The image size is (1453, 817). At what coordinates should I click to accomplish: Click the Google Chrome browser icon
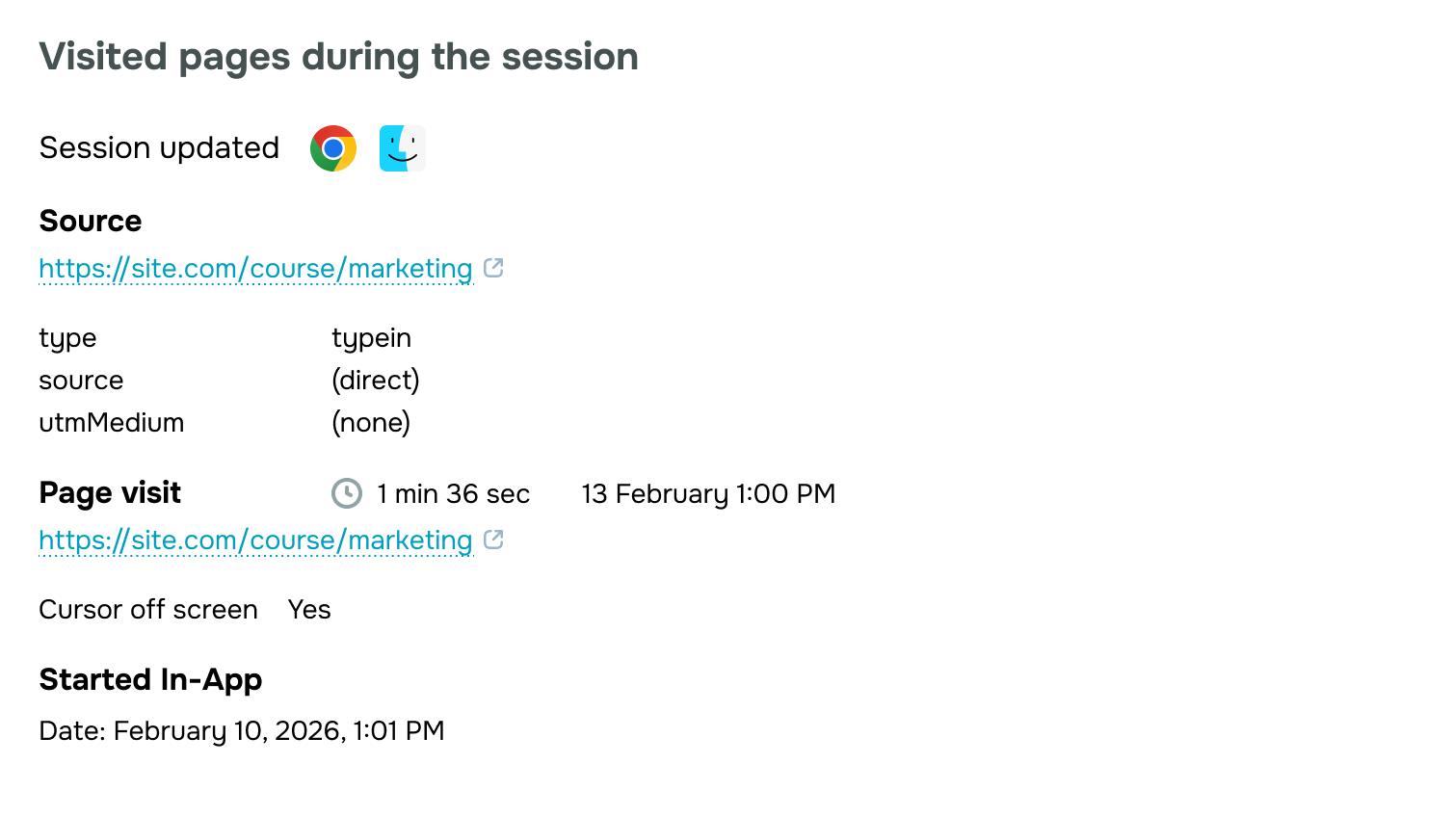point(333,148)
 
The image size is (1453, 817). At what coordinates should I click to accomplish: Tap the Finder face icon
point(402,148)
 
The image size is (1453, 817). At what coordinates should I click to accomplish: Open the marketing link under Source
point(255,269)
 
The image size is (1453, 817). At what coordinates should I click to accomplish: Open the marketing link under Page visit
point(255,540)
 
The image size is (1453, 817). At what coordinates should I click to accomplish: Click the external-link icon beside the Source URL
point(493,268)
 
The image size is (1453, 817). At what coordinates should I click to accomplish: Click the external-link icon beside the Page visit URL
point(493,540)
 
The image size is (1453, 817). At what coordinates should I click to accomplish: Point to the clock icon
point(347,493)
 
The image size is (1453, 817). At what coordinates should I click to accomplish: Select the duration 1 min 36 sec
point(453,494)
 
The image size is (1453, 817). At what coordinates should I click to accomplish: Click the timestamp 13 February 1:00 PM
point(708,494)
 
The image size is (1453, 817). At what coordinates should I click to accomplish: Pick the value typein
point(371,338)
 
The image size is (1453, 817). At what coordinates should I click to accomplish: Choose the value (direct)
point(376,381)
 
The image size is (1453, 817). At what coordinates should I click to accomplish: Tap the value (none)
point(371,423)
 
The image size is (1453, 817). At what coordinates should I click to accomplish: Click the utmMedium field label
point(111,423)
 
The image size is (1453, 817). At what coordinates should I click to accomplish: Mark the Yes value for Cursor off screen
point(309,610)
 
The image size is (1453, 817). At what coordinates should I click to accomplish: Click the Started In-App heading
point(150,680)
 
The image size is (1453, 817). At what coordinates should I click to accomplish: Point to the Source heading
point(91,222)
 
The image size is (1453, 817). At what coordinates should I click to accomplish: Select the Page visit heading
point(110,493)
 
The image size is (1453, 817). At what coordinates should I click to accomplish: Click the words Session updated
point(159,148)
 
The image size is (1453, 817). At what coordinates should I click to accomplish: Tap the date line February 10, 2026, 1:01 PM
point(242,731)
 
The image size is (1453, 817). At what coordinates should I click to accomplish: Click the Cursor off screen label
point(148,610)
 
